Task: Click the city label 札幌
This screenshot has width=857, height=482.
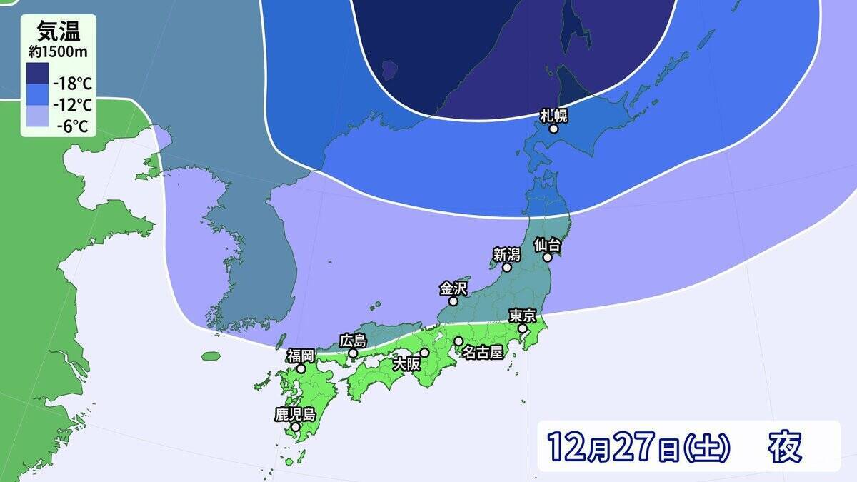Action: click(x=553, y=115)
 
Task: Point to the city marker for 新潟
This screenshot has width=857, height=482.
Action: click(x=506, y=268)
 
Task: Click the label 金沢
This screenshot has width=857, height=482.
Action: click(x=453, y=288)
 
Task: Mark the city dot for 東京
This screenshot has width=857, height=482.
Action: click(x=523, y=328)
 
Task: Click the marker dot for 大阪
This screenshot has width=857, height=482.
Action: click(x=424, y=352)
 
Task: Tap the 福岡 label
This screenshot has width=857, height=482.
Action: click(x=301, y=356)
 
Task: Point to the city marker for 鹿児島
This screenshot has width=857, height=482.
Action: click(x=295, y=427)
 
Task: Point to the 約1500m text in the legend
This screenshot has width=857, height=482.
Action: click(x=58, y=51)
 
